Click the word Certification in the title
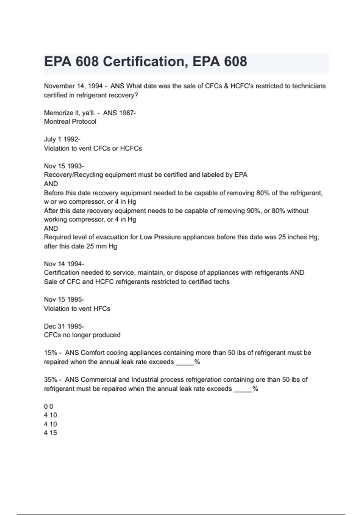click(143, 61)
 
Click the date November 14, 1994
click(73, 86)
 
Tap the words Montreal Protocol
click(70, 121)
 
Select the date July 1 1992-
click(62, 139)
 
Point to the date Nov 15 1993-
click(64, 166)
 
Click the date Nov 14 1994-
click(64, 264)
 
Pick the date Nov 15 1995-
click(64, 300)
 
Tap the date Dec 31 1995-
click(64, 326)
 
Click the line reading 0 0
click(48, 406)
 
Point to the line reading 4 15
click(50, 433)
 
